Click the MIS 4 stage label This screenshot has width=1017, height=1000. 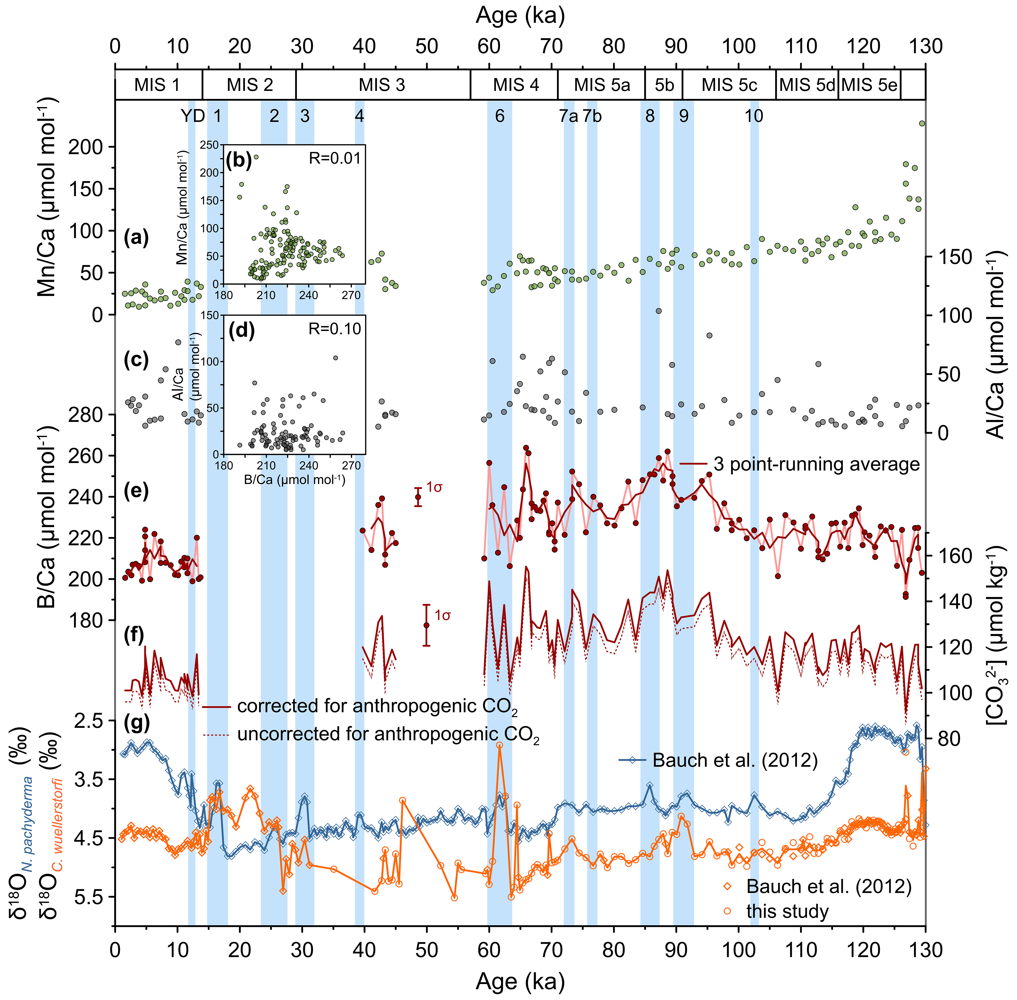coord(516,85)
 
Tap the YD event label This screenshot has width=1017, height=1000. coord(193,116)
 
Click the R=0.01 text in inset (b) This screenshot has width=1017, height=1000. coord(334,158)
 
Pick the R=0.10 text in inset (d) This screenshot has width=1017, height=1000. coord(334,329)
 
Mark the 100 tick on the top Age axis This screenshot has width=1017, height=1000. coord(738,47)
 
